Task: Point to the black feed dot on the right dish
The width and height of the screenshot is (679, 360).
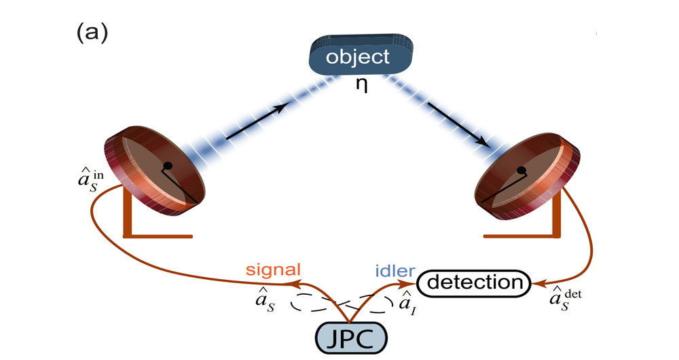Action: pos(521,170)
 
